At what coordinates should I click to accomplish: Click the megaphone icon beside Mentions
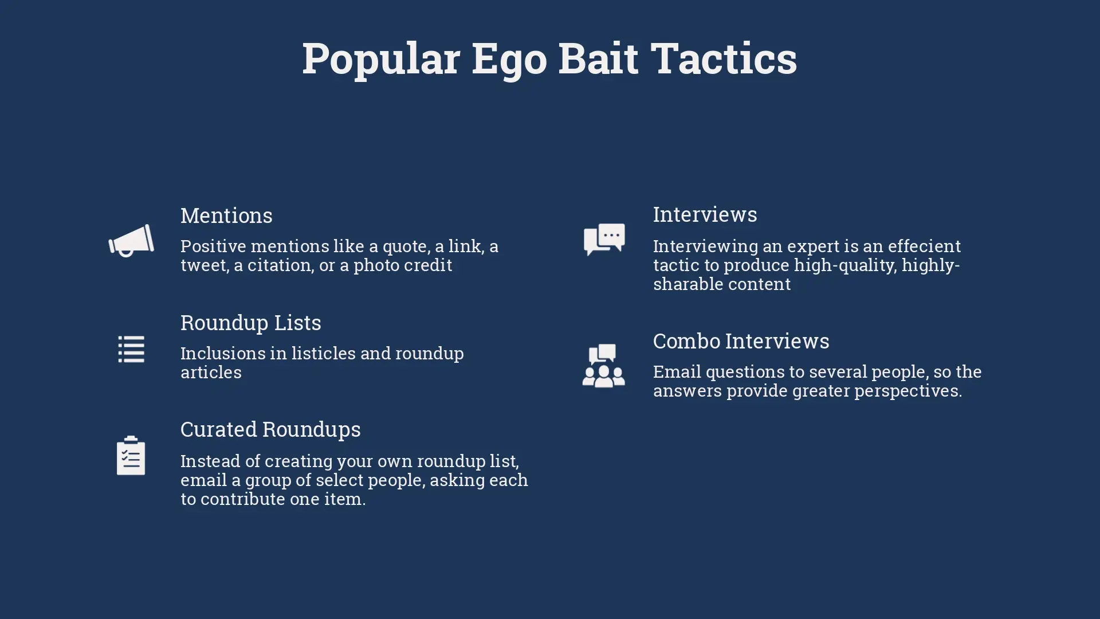(131, 241)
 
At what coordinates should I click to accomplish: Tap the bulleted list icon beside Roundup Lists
(131, 349)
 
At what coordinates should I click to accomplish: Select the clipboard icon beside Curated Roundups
(131, 456)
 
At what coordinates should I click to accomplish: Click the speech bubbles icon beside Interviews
(604, 240)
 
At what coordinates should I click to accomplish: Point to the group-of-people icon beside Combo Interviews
(604, 366)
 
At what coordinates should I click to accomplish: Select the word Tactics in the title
(724, 58)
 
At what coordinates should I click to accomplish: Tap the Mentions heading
(226, 216)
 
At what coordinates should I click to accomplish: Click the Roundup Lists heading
(251, 323)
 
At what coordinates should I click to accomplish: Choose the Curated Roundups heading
(270, 429)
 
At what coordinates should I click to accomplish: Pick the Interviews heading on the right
(705, 214)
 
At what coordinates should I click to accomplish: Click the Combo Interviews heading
(741, 341)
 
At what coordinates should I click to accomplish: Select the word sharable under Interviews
(683, 284)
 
